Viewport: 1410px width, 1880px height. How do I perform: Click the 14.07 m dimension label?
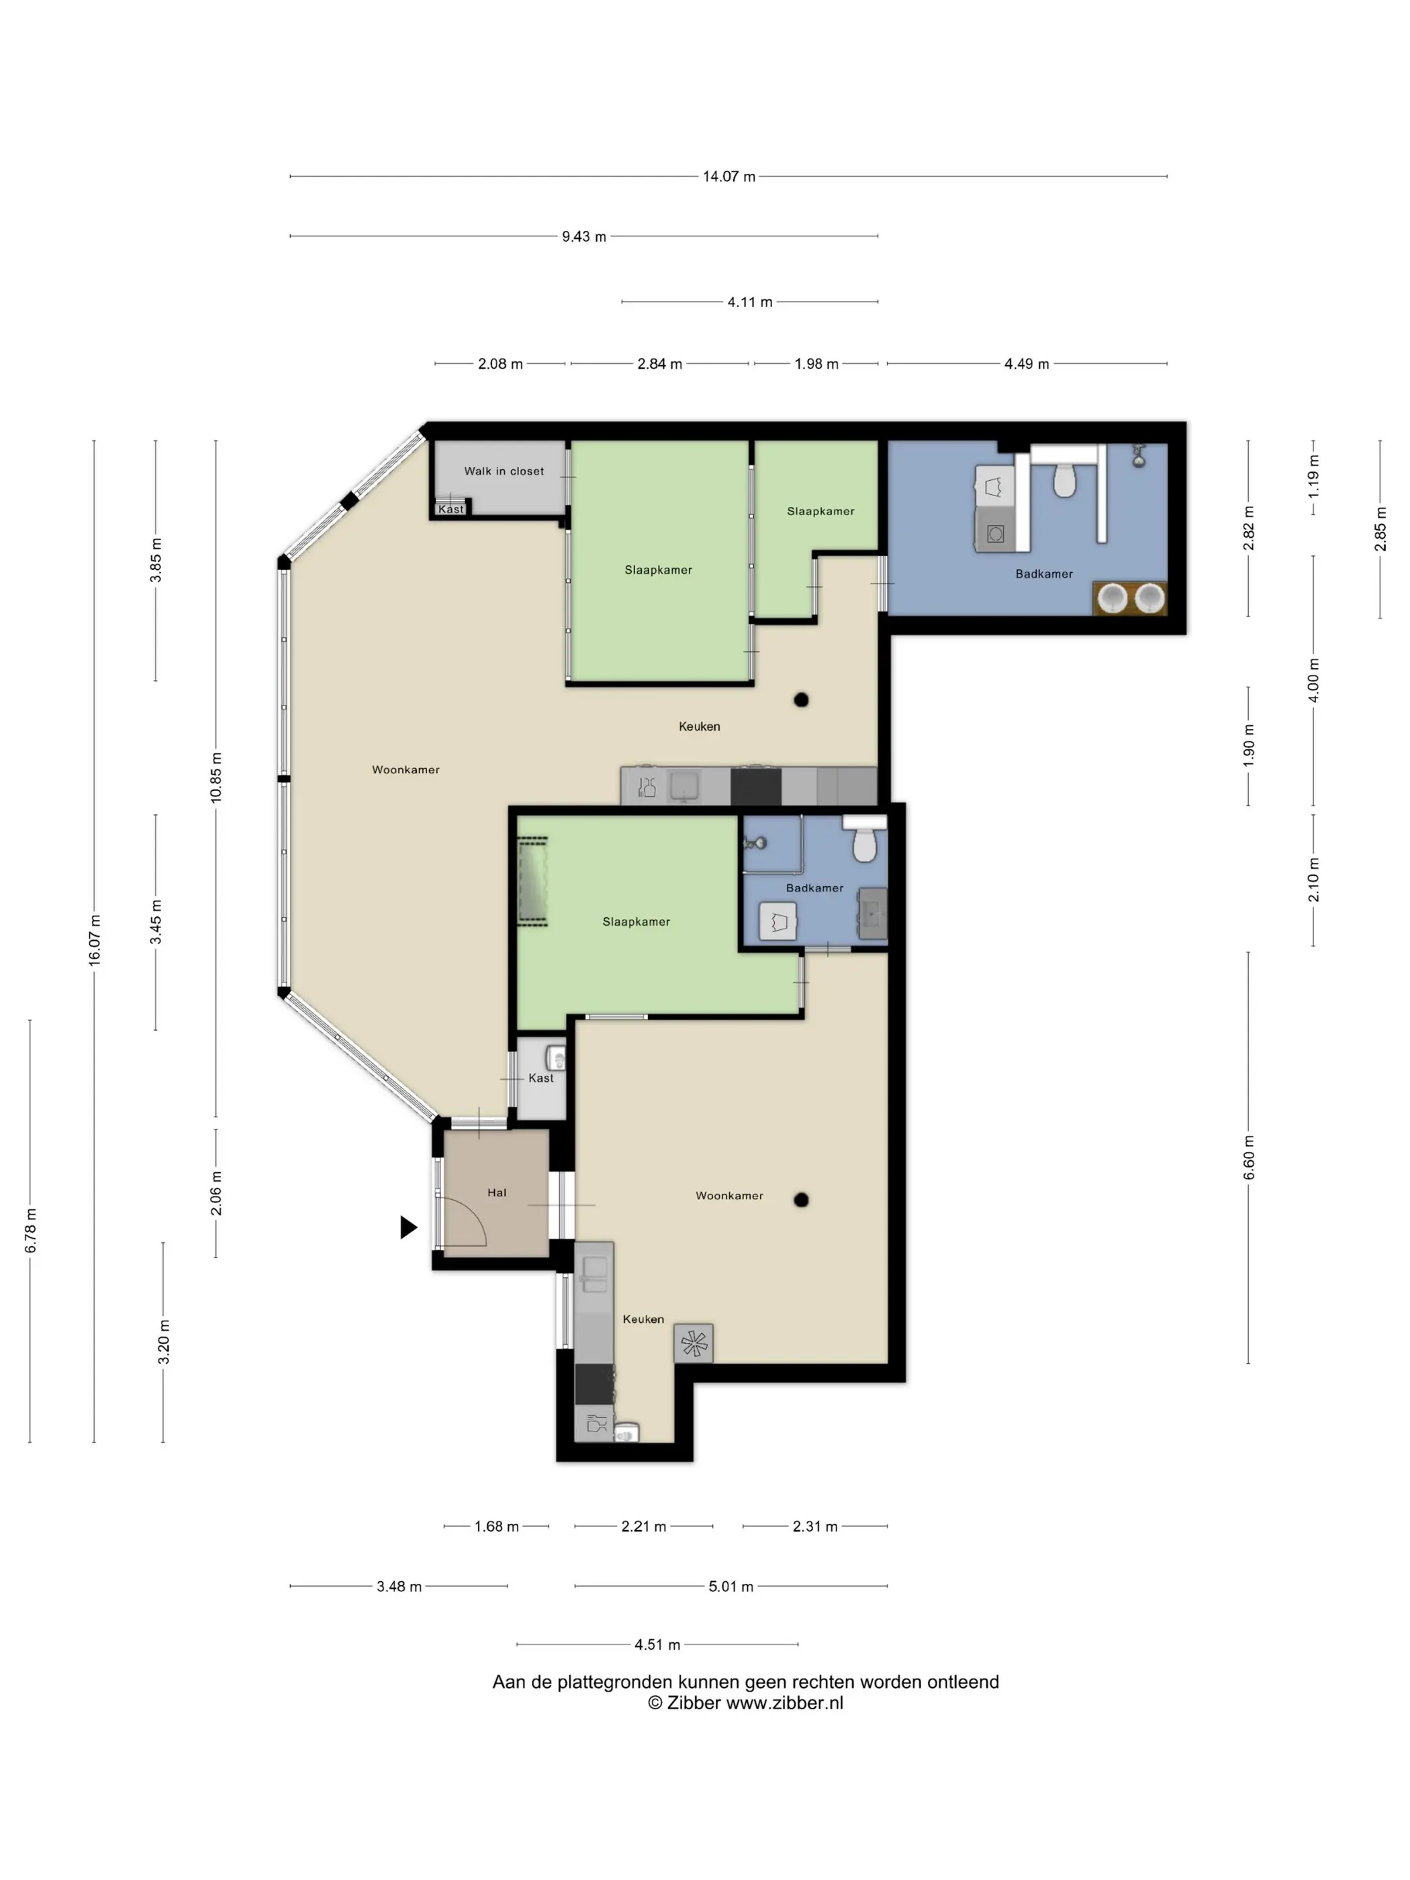point(728,176)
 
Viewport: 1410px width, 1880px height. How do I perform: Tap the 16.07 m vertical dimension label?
point(95,939)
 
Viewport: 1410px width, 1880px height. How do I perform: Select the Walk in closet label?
point(504,471)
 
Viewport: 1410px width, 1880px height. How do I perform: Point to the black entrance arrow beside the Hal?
point(409,1227)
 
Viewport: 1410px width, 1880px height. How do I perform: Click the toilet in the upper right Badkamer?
point(1065,480)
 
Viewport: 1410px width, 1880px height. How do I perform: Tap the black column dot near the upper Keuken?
point(800,700)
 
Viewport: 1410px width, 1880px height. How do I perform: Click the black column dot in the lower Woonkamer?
point(800,1200)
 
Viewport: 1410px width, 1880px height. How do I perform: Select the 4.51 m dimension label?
point(657,1644)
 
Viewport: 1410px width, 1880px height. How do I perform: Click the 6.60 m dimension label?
point(1248,1158)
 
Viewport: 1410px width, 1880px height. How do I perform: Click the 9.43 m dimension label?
point(584,236)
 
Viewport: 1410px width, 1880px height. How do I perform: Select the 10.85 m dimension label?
point(216,778)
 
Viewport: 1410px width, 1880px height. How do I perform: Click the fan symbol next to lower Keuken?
point(694,1344)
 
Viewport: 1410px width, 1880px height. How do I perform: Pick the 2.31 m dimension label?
point(815,1526)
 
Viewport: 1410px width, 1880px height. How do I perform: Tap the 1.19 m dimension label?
point(1313,476)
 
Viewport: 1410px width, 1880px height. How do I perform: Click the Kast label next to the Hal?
point(540,1078)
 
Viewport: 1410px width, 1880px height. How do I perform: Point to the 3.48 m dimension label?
point(399,1586)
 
